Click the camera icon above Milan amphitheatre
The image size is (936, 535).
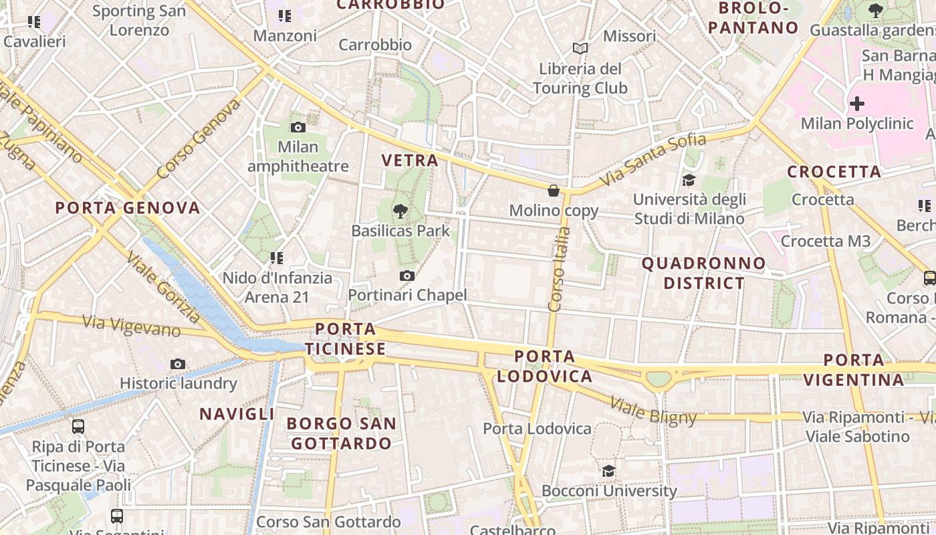298,127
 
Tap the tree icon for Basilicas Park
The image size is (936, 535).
400,211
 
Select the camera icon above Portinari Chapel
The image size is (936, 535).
406,276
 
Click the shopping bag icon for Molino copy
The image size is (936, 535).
554,191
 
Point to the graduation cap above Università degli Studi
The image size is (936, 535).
689,180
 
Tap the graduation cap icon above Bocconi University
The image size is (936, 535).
608,471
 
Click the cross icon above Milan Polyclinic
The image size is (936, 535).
856,104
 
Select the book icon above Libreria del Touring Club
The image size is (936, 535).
580,49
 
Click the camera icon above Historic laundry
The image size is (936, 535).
178,364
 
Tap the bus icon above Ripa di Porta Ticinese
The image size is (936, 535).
78,426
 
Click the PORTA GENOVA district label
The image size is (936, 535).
128,207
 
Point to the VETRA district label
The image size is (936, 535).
410,160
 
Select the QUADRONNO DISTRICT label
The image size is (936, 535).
703,273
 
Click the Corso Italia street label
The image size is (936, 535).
559,269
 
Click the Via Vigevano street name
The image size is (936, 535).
131,326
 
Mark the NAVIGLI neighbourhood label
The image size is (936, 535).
237,414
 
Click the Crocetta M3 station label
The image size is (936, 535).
826,241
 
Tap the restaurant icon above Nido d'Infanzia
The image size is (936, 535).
276,257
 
